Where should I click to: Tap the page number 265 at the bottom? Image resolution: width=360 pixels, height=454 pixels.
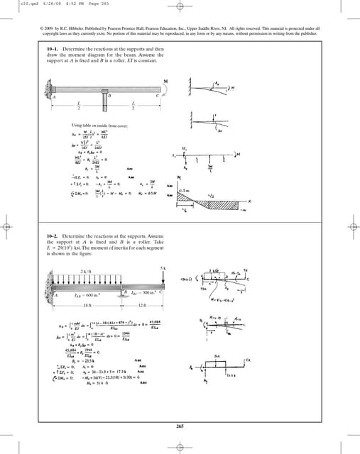[180, 426]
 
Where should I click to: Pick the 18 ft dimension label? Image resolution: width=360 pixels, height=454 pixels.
[84, 304]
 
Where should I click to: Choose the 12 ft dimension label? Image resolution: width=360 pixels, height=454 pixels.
[146, 304]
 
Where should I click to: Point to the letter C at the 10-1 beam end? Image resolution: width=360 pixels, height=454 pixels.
[157, 94]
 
